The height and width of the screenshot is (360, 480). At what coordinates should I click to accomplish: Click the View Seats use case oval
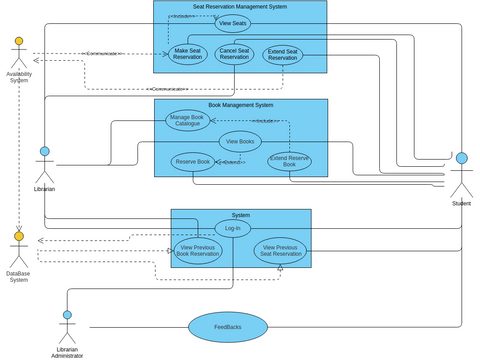pyautogui.click(x=232, y=23)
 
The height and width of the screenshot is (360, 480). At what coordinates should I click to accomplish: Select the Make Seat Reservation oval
pyautogui.click(x=188, y=54)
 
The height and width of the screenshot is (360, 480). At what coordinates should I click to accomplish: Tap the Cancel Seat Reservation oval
pyautogui.click(x=234, y=54)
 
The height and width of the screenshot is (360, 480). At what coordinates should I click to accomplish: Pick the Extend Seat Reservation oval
pyautogui.click(x=283, y=55)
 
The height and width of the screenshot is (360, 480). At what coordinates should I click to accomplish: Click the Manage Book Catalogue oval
pyautogui.click(x=187, y=120)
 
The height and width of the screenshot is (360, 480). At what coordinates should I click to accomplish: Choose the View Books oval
pyautogui.click(x=240, y=141)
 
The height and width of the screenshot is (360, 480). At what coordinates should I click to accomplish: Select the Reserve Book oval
pyautogui.click(x=192, y=161)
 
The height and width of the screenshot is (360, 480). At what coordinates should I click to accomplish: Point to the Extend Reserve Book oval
pyautogui.click(x=289, y=161)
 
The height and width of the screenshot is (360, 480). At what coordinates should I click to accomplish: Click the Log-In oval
pyautogui.click(x=232, y=228)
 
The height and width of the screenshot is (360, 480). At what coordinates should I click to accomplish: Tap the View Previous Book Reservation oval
pyautogui.click(x=197, y=251)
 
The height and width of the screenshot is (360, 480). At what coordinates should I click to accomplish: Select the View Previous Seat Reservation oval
pyautogui.click(x=280, y=251)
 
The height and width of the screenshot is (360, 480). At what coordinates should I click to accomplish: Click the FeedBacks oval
pyautogui.click(x=228, y=327)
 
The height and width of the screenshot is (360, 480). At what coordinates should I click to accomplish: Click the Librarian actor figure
pyautogui.click(x=44, y=165)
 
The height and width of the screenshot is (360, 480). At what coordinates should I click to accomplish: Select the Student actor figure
pyautogui.click(x=461, y=175)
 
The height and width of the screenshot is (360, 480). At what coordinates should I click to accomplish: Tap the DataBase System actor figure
pyautogui.click(x=18, y=250)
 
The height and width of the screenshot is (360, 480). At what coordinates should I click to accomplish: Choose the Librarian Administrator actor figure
pyautogui.click(x=67, y=328)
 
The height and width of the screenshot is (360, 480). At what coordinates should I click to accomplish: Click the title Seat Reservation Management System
pyautogui.click(x=240, y=6)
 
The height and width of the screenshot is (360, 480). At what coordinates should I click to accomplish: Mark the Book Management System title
pyautogui.click(x=240, y=105)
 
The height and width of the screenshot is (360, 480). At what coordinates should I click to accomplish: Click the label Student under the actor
pyautogui.click(x=461, y=204)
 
